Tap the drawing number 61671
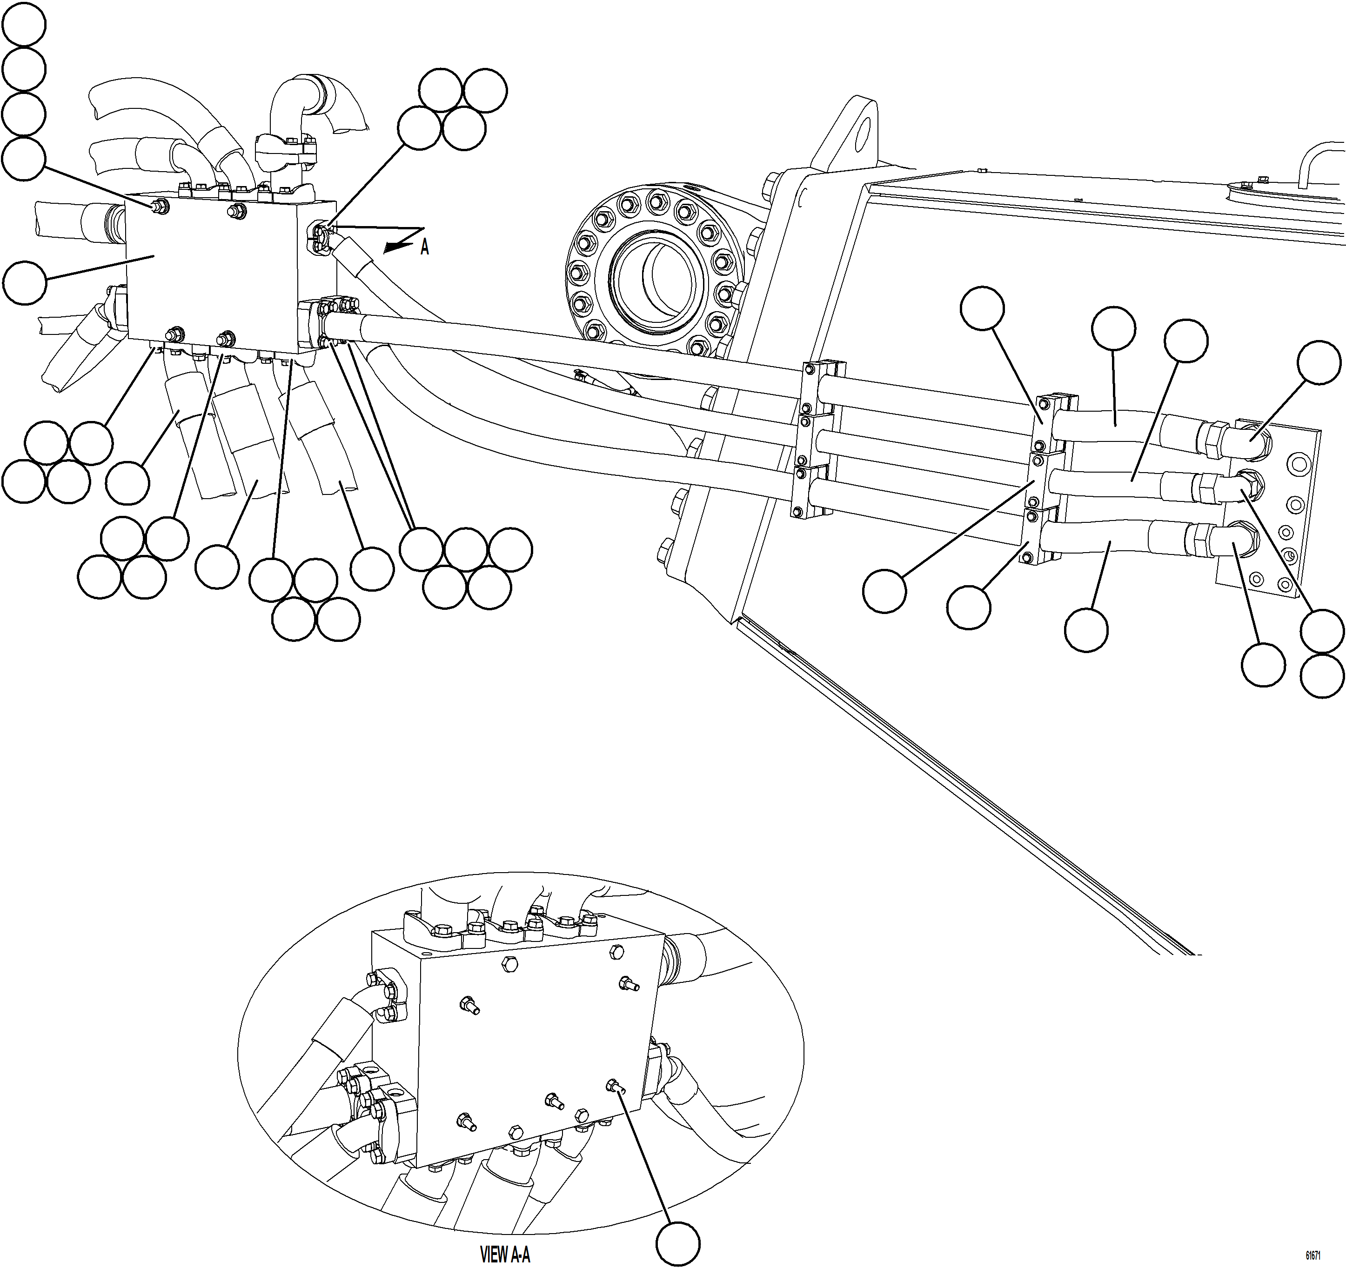1312,1255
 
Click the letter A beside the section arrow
424,248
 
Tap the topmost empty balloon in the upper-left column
24,24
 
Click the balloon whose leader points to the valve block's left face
24,282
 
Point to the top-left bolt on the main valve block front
161,205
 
